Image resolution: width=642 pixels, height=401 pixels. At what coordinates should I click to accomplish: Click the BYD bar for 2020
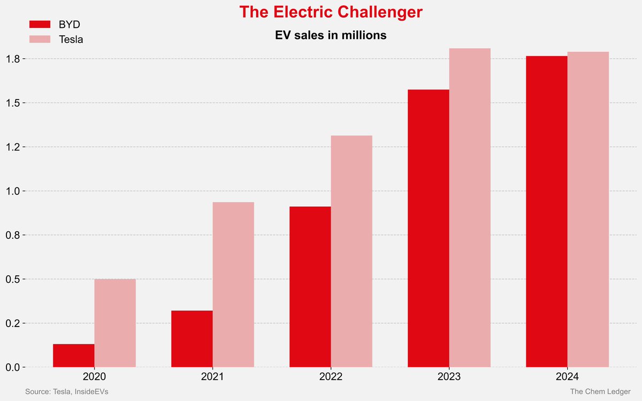pos(74,355)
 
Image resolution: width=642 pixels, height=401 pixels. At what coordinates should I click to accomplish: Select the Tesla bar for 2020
pos(115,323)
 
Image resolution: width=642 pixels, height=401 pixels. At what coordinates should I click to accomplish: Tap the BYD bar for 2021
pos(192,339)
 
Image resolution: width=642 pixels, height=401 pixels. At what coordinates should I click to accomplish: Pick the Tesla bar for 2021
pos(233,284)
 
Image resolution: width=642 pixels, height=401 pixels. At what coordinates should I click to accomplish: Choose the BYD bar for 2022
pos(310,286)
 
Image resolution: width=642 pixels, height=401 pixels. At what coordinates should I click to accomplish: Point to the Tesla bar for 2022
pos(351,251)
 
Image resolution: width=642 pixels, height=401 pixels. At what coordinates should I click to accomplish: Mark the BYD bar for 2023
pos(429,228)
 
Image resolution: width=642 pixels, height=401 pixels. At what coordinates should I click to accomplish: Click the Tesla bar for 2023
pos(470,208)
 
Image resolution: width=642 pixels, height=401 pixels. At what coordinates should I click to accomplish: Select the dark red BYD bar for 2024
pos(547,211)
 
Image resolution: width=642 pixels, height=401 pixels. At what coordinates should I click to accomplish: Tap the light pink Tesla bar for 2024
pos(588,209)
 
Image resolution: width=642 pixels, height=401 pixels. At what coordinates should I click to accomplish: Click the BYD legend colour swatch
pos(40,24)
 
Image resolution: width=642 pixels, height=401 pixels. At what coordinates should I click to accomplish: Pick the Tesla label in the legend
pos(71,39)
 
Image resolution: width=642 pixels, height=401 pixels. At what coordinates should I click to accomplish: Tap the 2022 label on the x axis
pos(331,377)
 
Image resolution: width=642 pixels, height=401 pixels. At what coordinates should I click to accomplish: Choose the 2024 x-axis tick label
pos(567,377)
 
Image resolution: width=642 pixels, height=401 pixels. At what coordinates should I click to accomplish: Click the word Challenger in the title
pos(378,12)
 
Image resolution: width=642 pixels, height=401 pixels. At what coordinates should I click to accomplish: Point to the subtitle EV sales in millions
pos(331,36)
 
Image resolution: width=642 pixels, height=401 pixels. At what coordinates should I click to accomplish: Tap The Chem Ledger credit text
pos(600,392)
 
